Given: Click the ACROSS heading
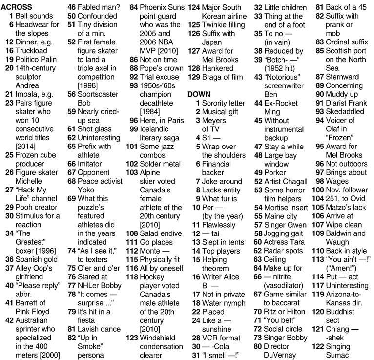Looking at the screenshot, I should pos(17,7).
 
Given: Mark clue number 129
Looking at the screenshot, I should pos(194,77).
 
